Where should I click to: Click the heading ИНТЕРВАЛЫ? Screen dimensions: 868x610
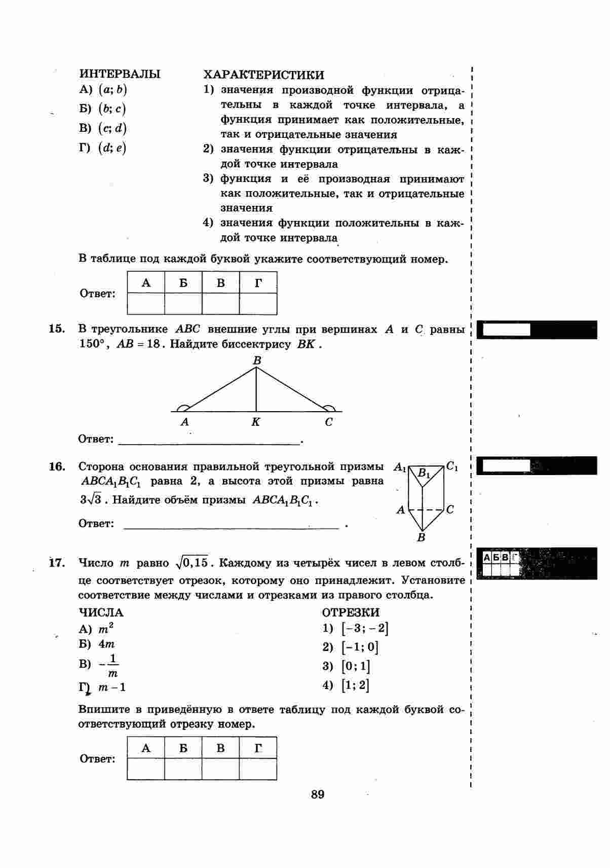120,74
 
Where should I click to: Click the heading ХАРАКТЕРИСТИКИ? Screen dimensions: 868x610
263,75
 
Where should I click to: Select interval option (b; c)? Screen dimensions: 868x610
112,108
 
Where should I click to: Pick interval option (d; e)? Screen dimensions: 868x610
112,148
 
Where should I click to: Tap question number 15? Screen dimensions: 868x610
57,329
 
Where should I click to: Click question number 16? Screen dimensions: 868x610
57,466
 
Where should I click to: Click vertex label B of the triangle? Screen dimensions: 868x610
257,360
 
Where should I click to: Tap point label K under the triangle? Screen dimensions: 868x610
256,422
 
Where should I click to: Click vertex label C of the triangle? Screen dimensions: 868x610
329,422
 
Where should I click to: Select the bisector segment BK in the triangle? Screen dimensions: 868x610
256,389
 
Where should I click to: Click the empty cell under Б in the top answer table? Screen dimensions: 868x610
183,304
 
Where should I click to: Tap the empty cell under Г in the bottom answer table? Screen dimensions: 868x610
258,769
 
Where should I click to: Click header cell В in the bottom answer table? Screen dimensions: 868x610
220,748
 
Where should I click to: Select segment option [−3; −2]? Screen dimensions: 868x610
365,629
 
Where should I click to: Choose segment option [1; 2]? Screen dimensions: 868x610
355,685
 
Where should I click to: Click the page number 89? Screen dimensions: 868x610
318,794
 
